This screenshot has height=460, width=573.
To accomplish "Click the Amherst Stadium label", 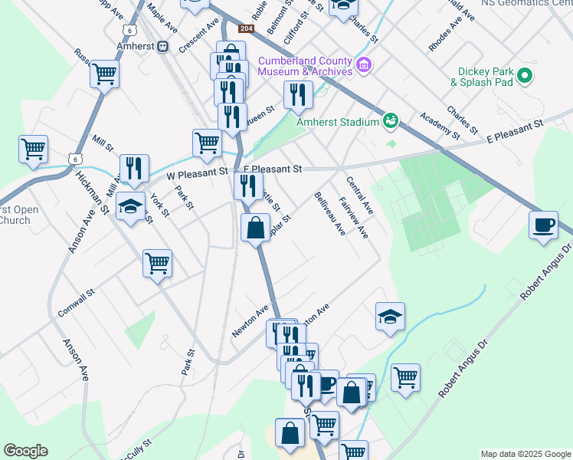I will coord(338,122).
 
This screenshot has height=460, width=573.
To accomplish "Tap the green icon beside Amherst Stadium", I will coord(391,121).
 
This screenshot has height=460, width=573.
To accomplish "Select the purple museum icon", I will coord(364,65).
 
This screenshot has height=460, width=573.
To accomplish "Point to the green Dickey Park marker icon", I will coord(525,76).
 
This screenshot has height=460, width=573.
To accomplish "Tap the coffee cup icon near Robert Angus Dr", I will coord(544,225).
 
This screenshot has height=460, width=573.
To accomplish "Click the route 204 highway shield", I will coord(245,29).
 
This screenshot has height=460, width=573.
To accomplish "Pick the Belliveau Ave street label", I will coord(330,214).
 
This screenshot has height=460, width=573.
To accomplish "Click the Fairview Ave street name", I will coord(358,218).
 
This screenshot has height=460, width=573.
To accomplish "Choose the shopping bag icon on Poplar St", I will coord(255,227).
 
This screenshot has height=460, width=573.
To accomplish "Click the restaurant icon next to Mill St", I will coord(134,169).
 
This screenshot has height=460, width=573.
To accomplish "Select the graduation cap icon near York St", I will coord(131,205).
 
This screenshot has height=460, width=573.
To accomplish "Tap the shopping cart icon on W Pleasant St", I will coord(207,143).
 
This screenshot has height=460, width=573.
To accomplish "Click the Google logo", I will coord(25,451).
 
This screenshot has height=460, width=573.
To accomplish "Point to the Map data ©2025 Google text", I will coord(525,454).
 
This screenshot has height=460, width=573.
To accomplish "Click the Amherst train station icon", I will coord(162,46).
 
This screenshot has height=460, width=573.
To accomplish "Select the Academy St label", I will coord(438,121).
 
